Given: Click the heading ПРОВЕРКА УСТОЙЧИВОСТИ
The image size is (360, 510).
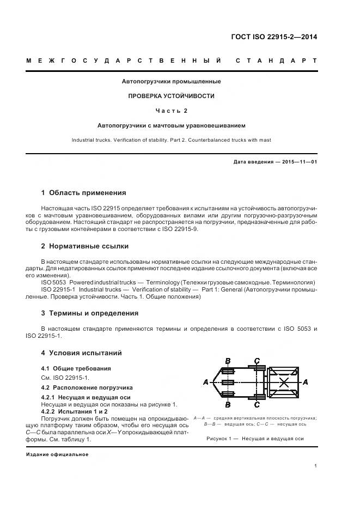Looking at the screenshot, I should point(171,96).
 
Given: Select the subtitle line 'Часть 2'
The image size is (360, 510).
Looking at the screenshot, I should point(171,111).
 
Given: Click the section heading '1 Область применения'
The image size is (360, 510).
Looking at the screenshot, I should point(84,192).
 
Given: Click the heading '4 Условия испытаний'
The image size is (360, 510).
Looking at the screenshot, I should point(81,353).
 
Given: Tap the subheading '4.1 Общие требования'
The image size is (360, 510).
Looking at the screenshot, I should point(76,369).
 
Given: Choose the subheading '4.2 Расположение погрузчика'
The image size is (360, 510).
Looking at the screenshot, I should point(87,387).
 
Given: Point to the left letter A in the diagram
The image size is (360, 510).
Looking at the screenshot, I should point(205,382).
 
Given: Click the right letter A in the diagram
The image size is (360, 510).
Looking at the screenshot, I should point(305,382).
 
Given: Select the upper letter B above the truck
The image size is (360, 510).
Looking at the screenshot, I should point(228,361).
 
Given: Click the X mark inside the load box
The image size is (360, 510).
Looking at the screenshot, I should point(283,382).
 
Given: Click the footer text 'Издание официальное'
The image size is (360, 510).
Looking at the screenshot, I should point(57,454).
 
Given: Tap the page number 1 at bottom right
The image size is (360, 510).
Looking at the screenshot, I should point(315,466).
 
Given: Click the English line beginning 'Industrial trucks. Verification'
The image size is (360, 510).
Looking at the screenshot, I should point(171,140).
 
